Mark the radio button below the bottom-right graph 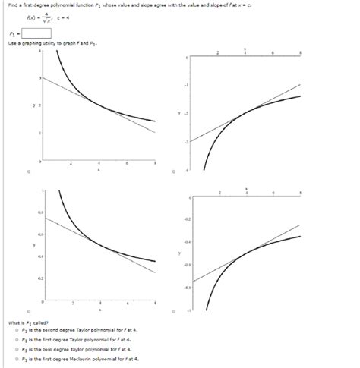point(175,313)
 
